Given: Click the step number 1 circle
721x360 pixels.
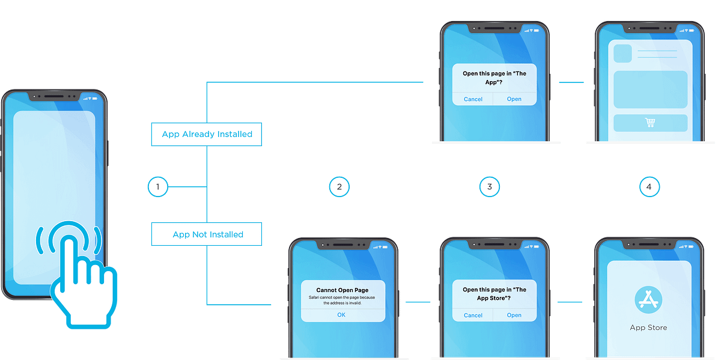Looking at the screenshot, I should coord(158,187).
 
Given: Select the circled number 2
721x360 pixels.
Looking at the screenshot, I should coord(339,187).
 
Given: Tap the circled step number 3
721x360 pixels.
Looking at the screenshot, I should coord(490,187).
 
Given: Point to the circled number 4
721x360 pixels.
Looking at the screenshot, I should coord(648,187).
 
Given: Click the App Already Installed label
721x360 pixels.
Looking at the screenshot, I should coord(207,134).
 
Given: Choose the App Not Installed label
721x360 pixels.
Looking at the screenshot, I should coord(207,234).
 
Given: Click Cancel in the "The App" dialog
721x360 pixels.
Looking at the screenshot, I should coord(473,99).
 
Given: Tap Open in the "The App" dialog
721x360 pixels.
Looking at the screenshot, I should coord(514,99).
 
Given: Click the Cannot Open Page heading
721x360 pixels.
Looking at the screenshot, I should coord(342,290).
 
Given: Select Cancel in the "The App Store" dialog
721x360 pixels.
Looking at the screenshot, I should coord(473,315).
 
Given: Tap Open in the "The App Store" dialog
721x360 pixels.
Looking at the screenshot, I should coord(514,315).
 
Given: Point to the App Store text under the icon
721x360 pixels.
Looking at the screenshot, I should coord(648,328).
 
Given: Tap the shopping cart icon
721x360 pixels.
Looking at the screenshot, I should coord(650,123).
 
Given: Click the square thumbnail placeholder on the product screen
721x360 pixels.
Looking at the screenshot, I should coord(622,53).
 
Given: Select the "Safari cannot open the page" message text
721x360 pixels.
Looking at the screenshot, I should coord(342,300).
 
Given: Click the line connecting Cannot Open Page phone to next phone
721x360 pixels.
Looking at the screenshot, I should coord(419,301).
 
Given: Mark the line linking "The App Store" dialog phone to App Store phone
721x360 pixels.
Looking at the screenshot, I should coord(571,301).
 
